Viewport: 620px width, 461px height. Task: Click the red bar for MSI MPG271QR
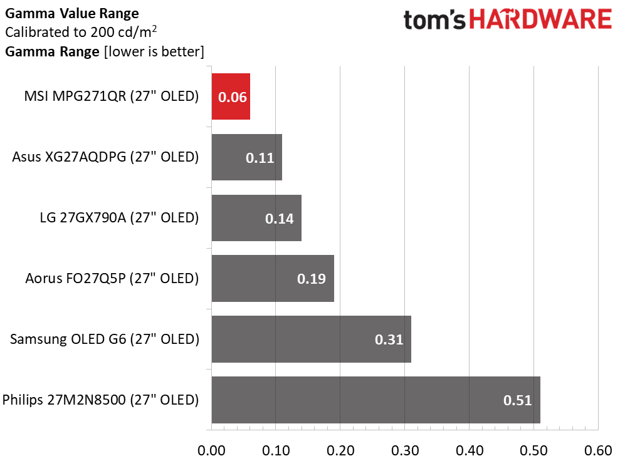[x=231, y=96]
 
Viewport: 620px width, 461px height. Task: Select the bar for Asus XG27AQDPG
[x=246, y=157]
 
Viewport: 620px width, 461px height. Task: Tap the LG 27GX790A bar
[x=256, y=218]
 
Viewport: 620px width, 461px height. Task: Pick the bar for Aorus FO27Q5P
[x=272, y=278]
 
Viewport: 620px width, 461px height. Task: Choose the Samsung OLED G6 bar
[x=311, y=339]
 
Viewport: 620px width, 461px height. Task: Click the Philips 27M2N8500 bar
[x=376, y=400]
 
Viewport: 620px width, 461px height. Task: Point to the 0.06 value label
[x=232, y=98]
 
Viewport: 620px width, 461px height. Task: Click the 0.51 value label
[x=518, y=400]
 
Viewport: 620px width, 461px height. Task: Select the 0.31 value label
[x=389, y=339]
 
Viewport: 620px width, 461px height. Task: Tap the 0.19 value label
[x=312, y=279]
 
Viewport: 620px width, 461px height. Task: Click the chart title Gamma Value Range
[x=72, y=13]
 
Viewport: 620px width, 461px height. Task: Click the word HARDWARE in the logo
[x=541, y=20]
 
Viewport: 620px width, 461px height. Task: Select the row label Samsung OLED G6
[x=104, y=339]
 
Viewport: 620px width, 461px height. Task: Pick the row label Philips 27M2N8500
[x=100, y=400]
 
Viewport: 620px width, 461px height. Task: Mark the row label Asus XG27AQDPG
[x=105, y=157]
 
